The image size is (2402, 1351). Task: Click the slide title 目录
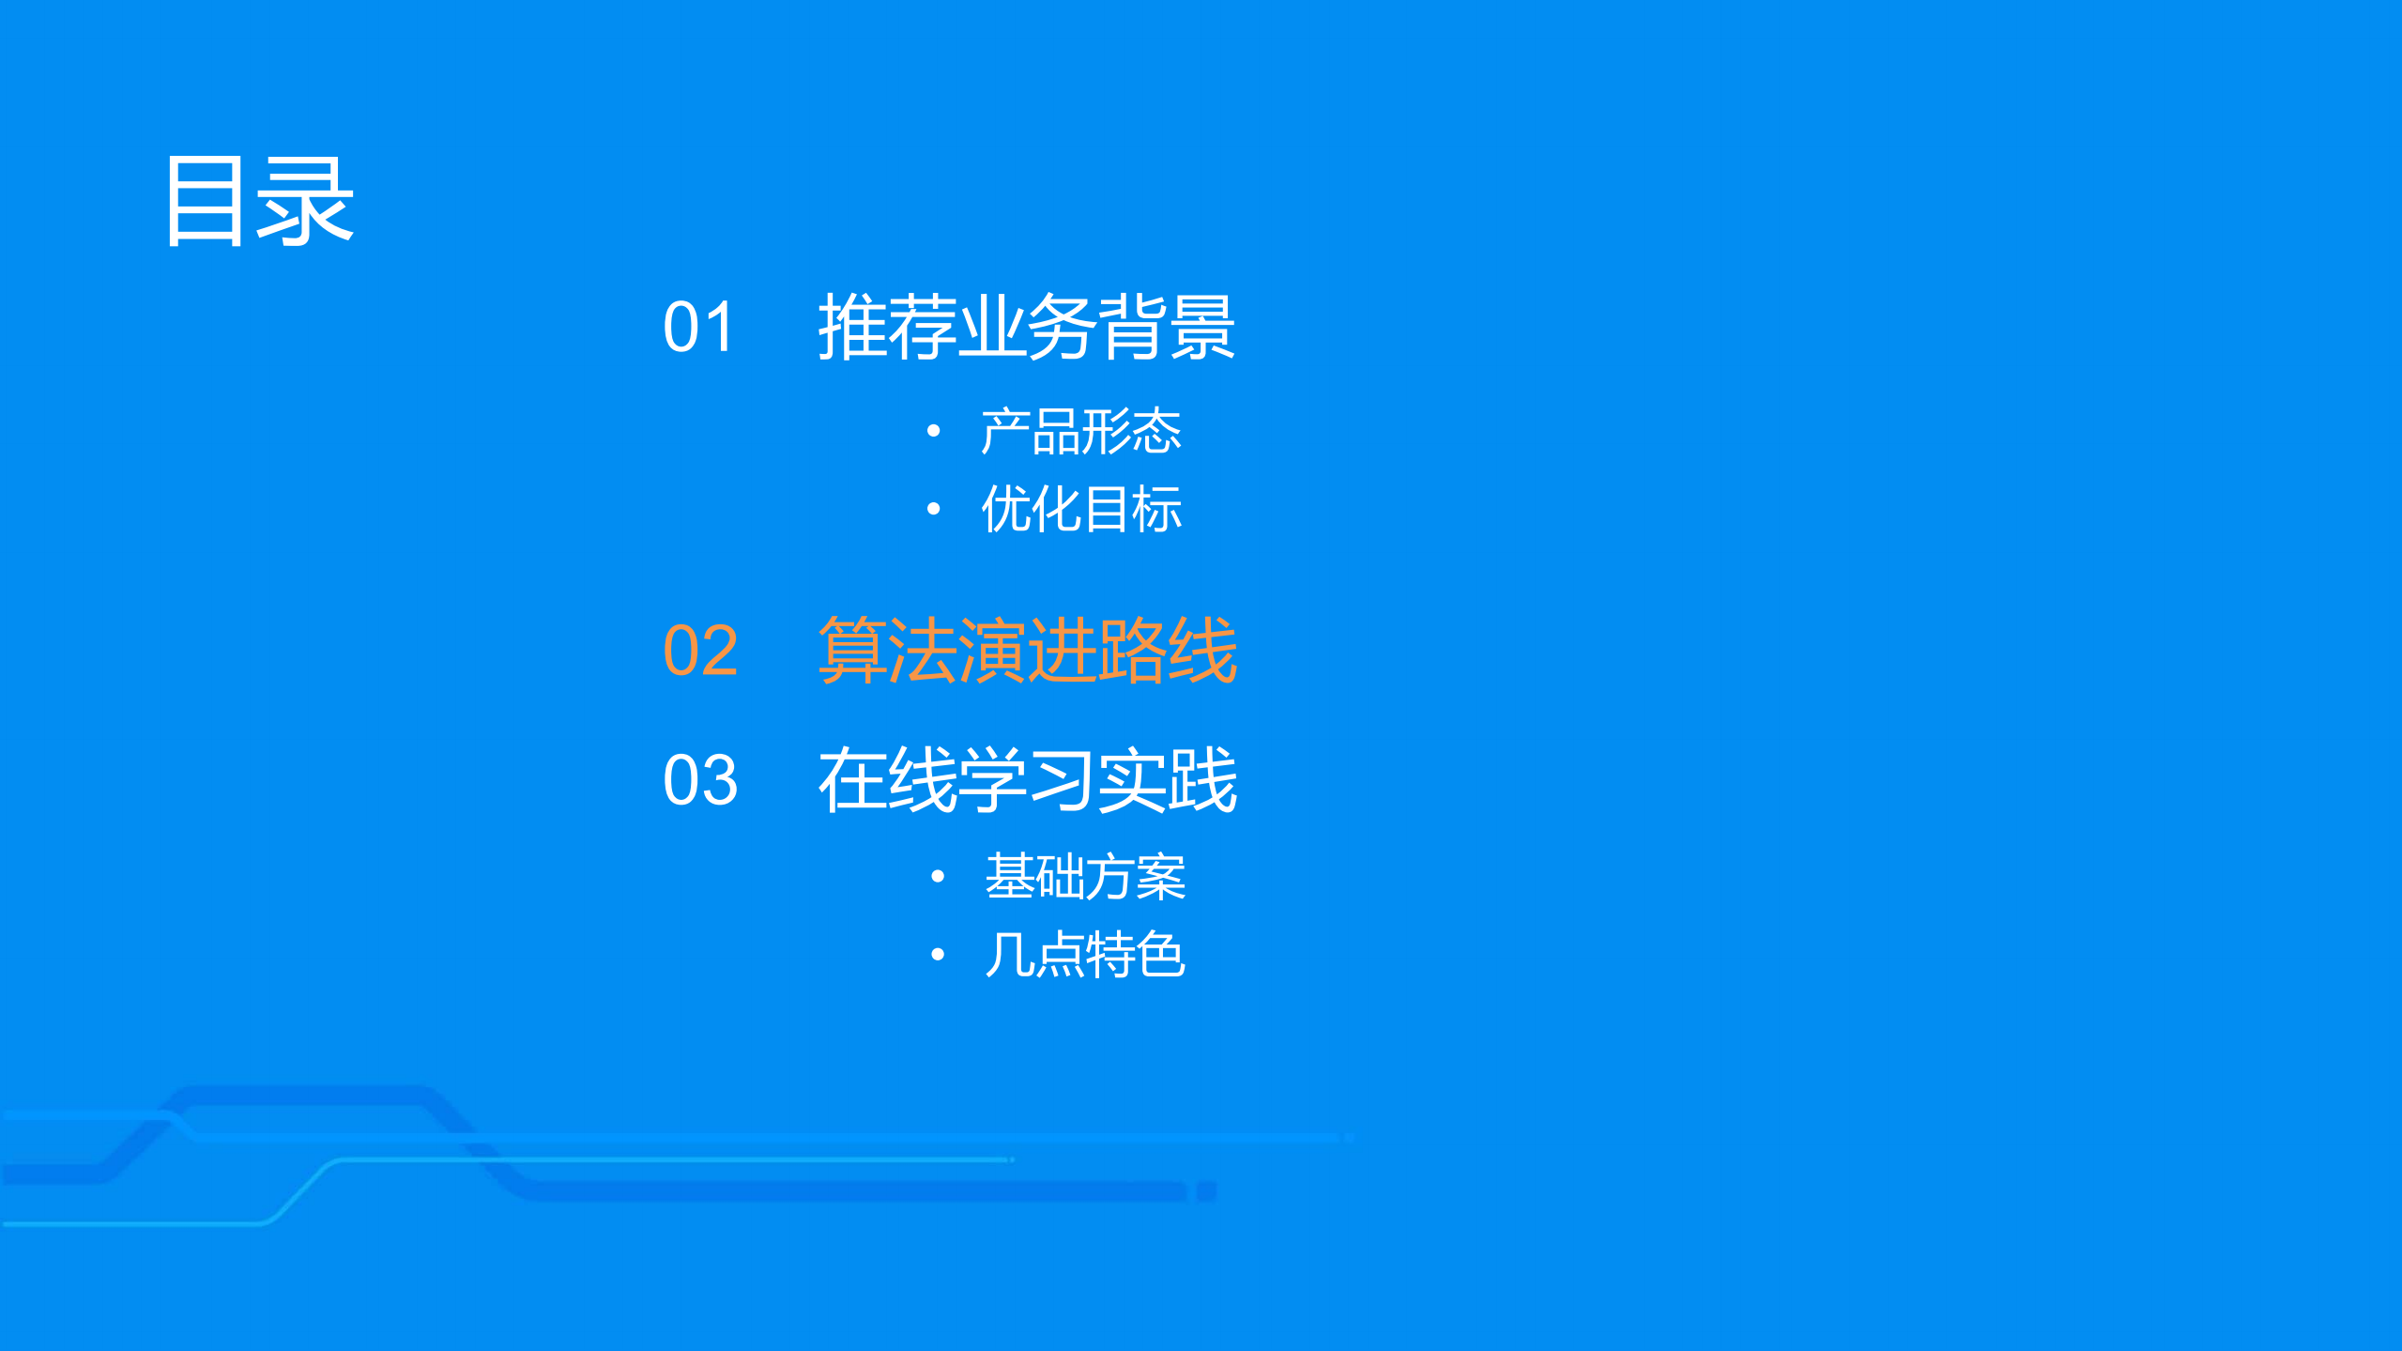[259, 201]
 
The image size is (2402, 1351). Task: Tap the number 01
[698, 328]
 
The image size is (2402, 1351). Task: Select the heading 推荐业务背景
[1026, 327]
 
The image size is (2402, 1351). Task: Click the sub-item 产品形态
[1080, 432]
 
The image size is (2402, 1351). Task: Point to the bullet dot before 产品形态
[933, 432]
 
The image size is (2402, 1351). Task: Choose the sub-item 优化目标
[1080, 510]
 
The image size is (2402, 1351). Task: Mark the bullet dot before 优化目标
[933, 510]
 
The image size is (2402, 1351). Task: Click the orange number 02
[700, 651]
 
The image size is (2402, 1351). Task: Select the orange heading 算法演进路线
[1027, 650]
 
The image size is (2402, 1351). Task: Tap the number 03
[700, 780]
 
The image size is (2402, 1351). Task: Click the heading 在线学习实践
[1027, 780]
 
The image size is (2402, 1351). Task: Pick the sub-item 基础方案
[1085, 878]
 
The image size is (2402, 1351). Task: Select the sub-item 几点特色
[1085, 956]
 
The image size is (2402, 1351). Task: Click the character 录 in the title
[305, 201]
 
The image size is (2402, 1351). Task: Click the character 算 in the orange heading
[852, 650]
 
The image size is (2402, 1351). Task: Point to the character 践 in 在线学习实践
[1202, 780]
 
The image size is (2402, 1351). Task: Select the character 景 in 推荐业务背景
[1201, 327]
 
